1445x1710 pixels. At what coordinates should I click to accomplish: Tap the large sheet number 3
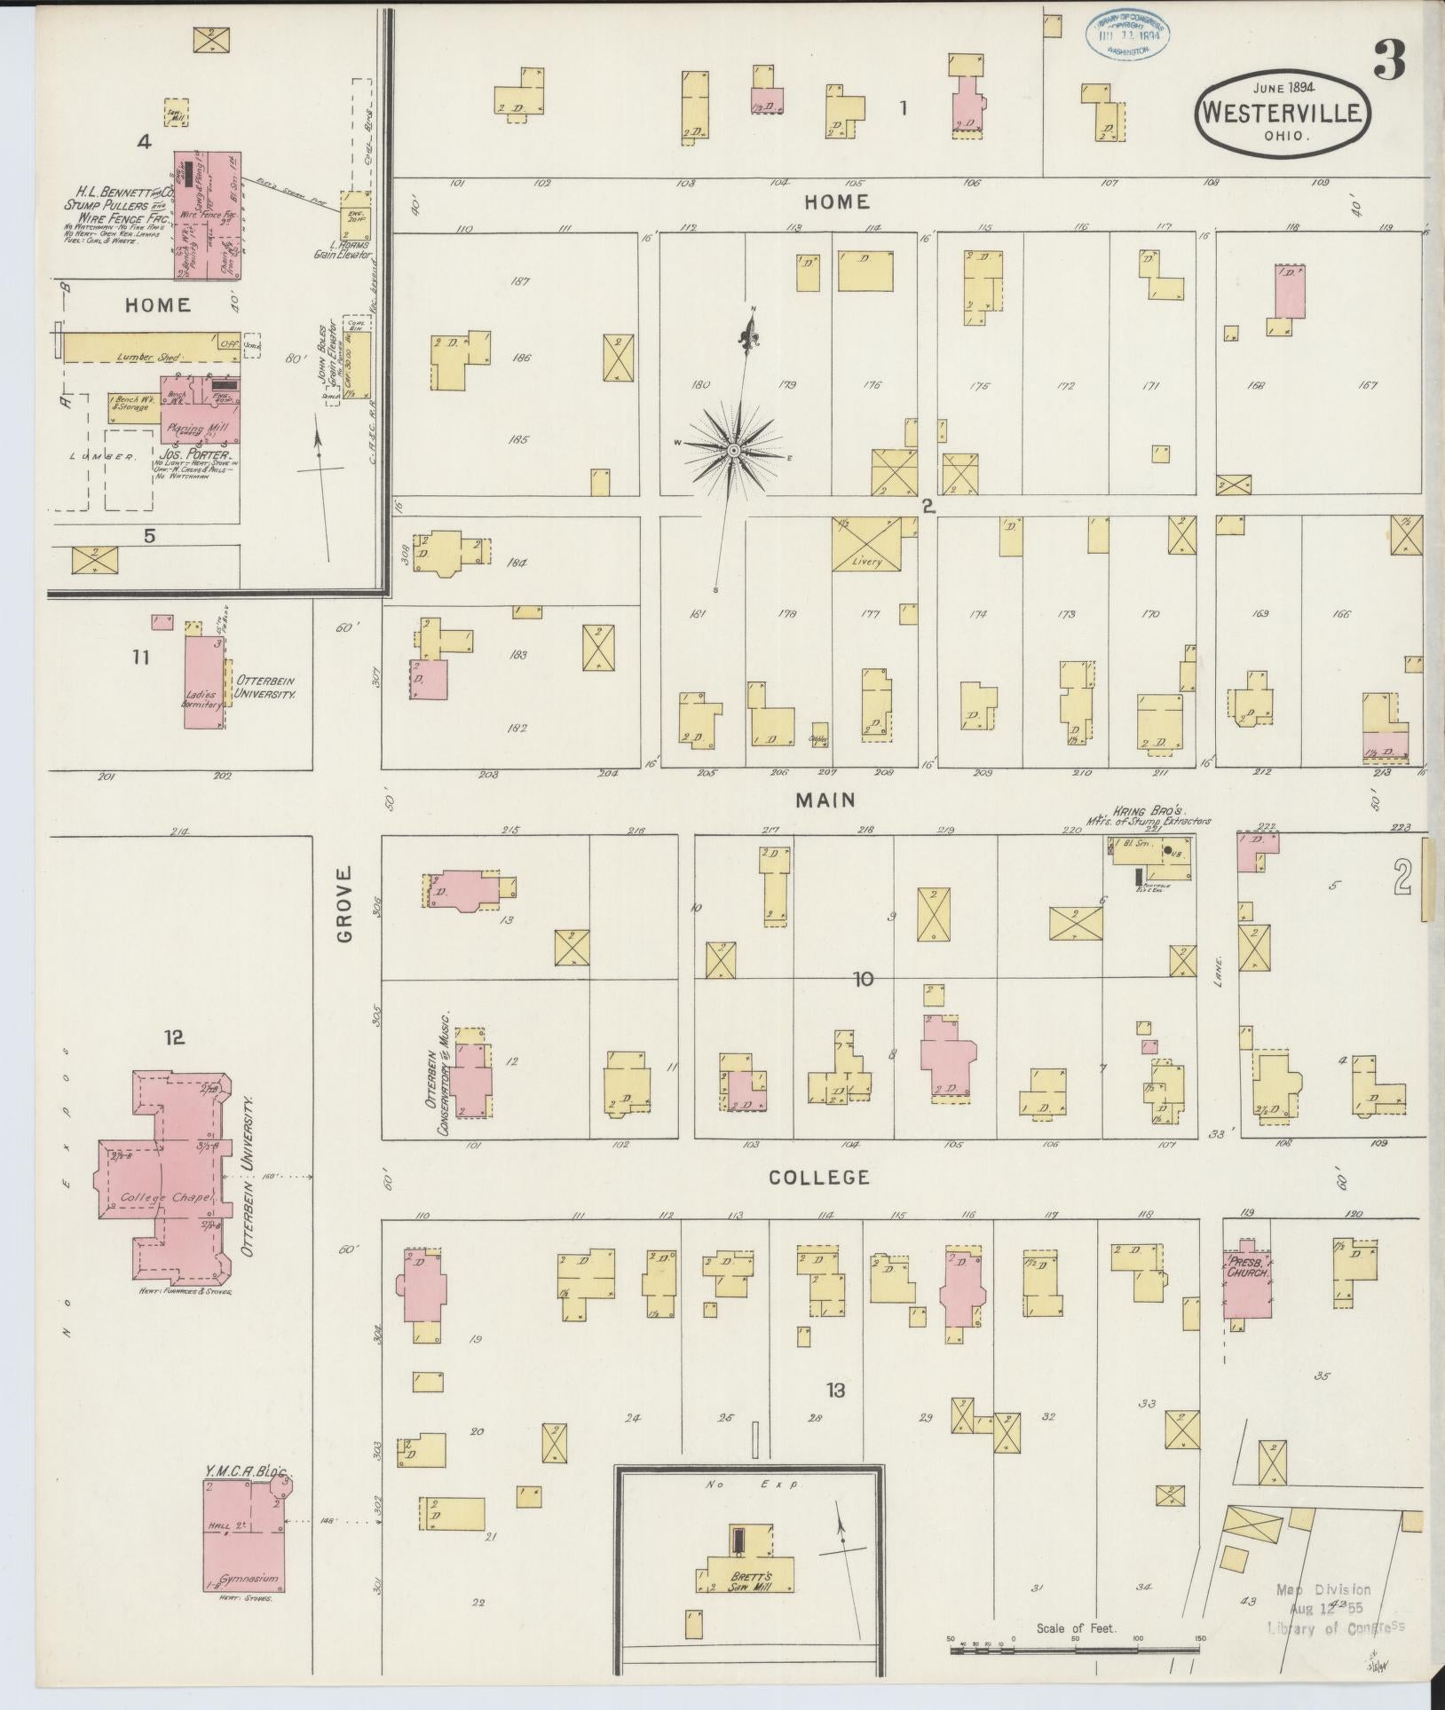(1390, 61)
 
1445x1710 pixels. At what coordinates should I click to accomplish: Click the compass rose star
(734, 451)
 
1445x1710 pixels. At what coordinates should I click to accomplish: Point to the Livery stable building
(866, 543)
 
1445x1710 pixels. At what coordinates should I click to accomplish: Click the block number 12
(173, 1036)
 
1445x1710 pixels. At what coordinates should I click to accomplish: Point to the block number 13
(835, 1390)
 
